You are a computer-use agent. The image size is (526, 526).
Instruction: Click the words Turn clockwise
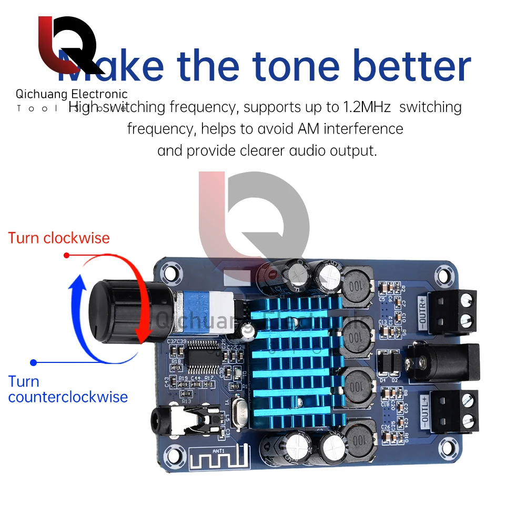(x=59, y=238)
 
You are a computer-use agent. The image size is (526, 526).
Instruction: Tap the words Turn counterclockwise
(x=68, y=389)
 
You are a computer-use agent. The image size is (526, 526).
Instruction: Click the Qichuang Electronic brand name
(x=72, y=94)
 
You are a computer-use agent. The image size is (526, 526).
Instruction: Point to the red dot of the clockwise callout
(x=67, y=255)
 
